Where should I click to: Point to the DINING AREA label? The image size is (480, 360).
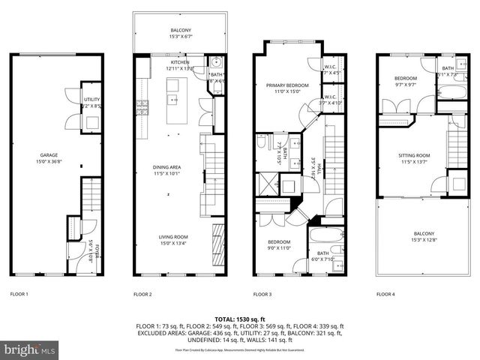pos(169,169)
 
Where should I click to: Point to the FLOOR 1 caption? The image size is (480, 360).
pos(19,295)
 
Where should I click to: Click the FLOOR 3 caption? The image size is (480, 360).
pos(262,295)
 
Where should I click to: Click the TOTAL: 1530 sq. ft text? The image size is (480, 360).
pos(239,319)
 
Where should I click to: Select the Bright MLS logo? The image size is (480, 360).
pos(30,349)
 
